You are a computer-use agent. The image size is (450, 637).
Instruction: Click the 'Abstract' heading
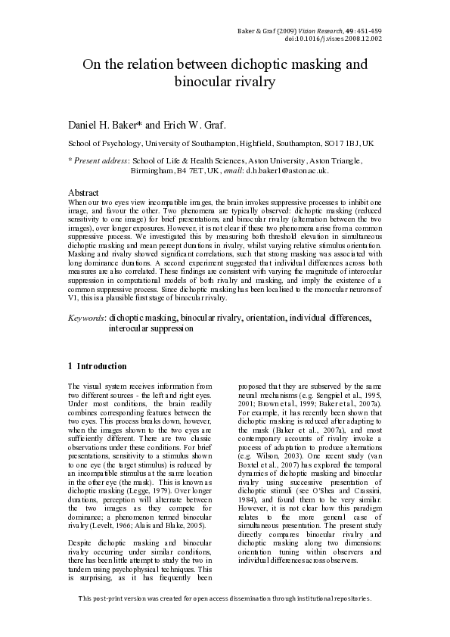tap(84, 194)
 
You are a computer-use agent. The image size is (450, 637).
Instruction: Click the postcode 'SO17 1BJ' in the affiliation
tap(343, 143)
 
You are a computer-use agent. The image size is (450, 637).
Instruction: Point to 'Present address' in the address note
tap(100, 161)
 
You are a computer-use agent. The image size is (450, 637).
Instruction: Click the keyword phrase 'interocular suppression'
tap(151, 329)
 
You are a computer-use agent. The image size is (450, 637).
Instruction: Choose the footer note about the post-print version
tap(225, 620)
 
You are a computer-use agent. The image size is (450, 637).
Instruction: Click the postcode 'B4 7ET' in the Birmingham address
tap(183, 172)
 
